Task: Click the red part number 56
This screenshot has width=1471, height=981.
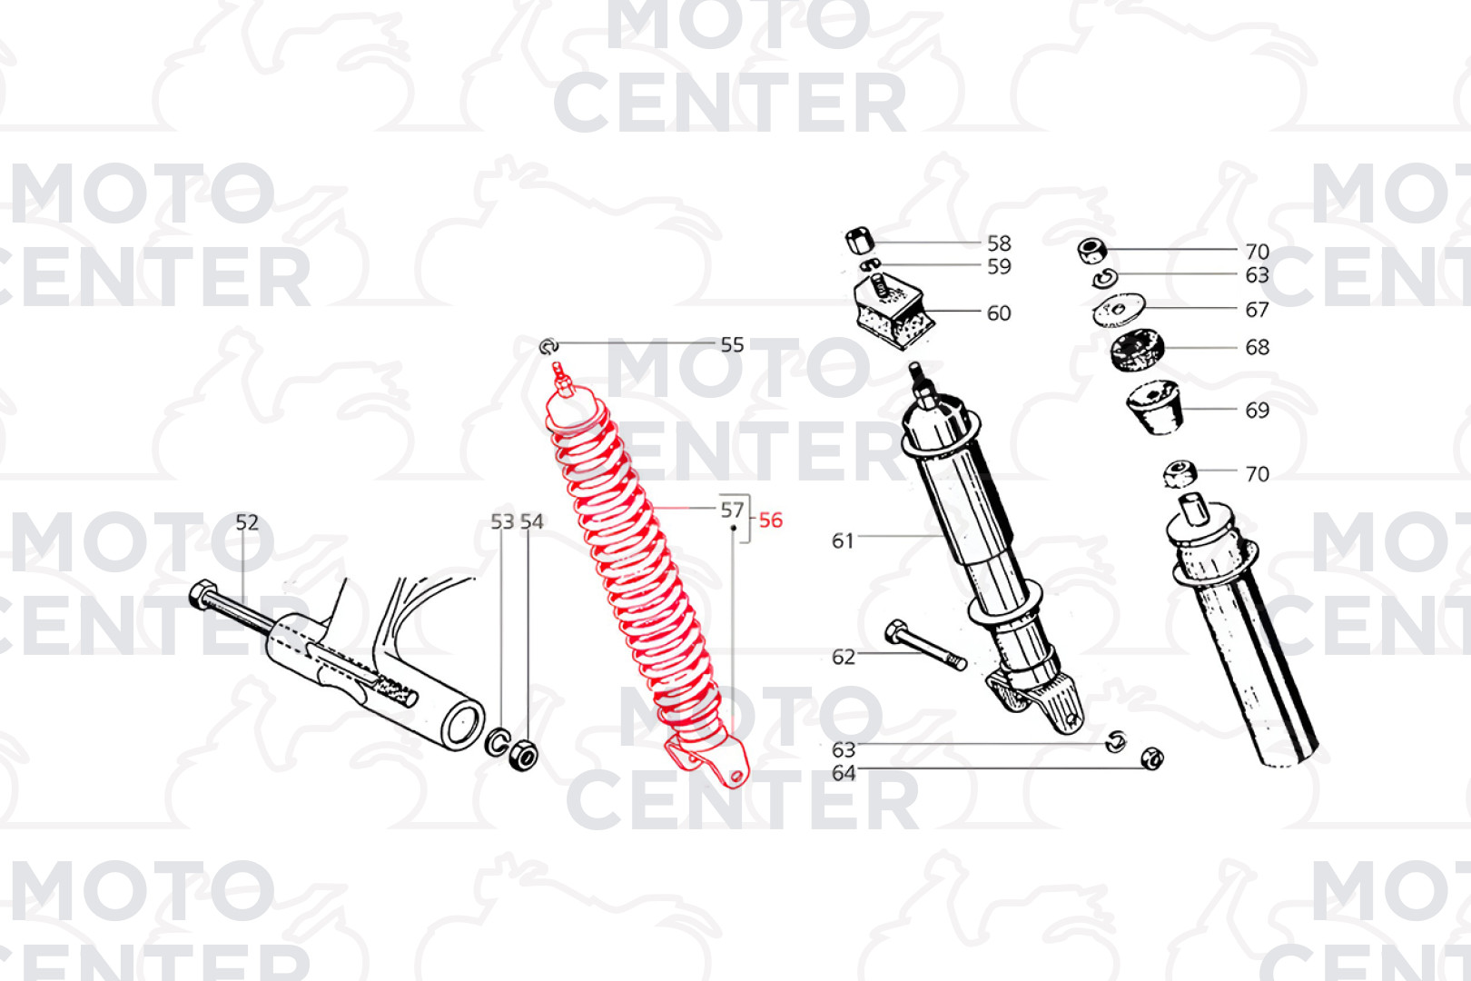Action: point(770,520)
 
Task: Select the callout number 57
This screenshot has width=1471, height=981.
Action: point(732,510)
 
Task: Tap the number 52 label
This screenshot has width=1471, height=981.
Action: point(247,522)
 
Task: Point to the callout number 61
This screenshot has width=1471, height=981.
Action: point(843,540)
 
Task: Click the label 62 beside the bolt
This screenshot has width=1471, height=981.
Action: point(844,657)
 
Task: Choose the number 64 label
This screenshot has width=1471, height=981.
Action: point(844,773)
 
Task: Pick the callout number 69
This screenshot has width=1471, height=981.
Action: point(1257,411)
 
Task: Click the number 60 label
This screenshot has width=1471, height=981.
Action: point(999,313)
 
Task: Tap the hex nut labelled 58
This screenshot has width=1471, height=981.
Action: point(858,242)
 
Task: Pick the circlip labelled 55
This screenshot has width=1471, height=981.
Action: point(548,347)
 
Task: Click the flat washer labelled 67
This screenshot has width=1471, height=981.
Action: point(1119,310)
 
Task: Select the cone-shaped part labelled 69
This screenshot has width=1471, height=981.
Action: point(1155,407)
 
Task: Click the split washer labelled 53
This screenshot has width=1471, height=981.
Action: point(498,742)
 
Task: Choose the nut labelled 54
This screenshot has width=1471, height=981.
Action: point(523,755)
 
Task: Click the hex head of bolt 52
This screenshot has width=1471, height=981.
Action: point(201,595)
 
